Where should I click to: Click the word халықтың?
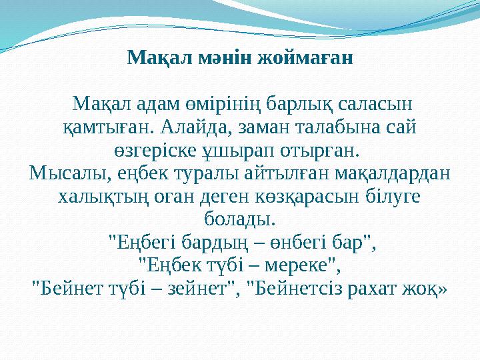click(x=96, y=197)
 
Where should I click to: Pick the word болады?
click(x=240, y=218)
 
